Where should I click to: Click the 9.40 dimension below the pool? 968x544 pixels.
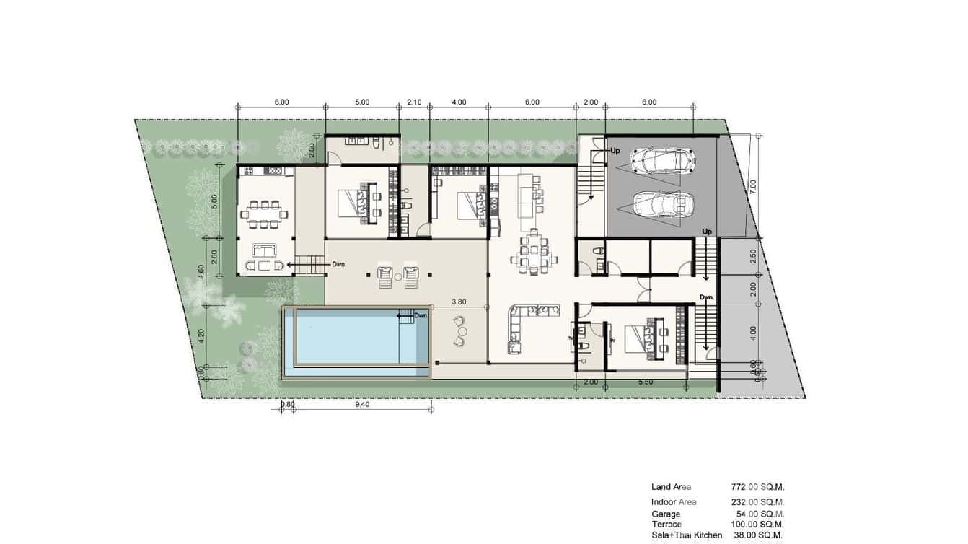coord(362,405)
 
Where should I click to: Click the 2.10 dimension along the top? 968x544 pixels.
coord(414,102)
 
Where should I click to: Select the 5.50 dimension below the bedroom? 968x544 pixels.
coord(645,382)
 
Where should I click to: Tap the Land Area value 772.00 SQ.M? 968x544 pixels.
coord(757,487)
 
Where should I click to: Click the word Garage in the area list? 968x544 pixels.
coord(665,514)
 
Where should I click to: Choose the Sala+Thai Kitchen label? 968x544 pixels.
coord(686,535)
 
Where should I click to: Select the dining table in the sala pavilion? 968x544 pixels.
coord(266,214)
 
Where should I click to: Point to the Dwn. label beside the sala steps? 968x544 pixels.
coord(339,265)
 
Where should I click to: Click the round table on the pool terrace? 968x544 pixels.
coord(462,331)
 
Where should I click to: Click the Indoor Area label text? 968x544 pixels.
coord(674,502)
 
